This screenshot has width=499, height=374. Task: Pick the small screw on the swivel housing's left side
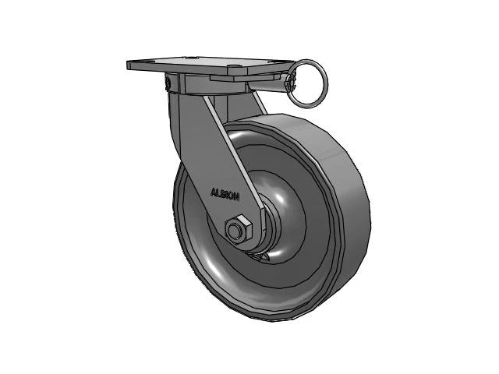(168, 81)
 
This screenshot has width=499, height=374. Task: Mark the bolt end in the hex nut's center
(235, 231)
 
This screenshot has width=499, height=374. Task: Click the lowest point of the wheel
(269, 319)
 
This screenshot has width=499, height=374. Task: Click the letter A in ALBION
(213, 193)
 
